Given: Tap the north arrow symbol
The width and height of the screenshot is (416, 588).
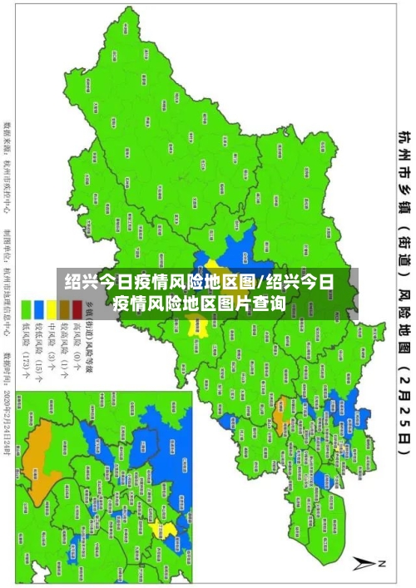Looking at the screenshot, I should pos(364,563).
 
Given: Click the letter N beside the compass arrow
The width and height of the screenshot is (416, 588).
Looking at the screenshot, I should pos(384,563).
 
